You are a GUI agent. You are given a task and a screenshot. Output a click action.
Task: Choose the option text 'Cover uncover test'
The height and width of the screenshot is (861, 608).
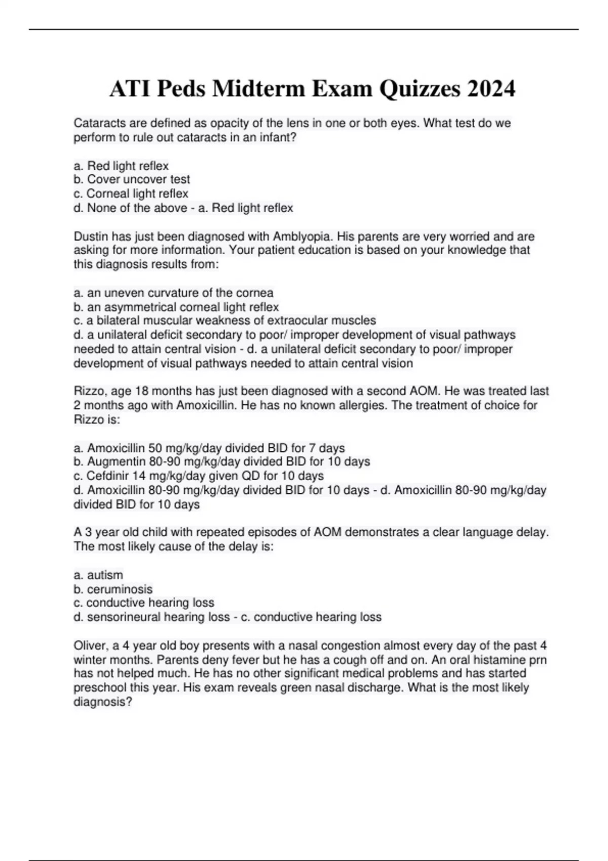coord(138,179)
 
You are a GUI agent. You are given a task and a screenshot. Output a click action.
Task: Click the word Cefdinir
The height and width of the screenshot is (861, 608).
coord(107,476)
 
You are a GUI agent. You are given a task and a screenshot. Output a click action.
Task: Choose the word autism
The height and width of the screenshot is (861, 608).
coord(105,575)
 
